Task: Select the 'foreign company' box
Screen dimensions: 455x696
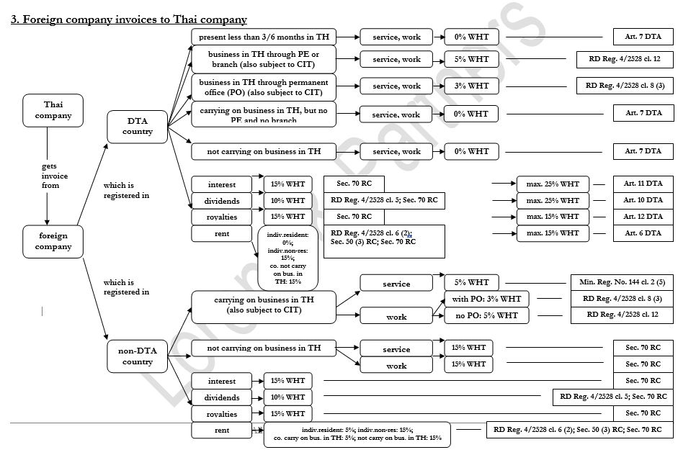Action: tap(53, 241)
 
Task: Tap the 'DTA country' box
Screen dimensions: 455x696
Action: tap(137, 127)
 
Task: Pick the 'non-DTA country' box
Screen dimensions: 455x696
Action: tap(137, 356)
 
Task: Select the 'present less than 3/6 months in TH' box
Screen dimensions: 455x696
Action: tap(264, 36)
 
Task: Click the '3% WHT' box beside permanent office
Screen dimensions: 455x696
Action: tap(471, 86)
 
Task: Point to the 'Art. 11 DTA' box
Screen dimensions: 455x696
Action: tap(643, 184)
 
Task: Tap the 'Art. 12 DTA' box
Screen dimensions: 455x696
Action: tap(643, 217)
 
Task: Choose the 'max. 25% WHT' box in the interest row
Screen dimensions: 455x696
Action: tap(553, 184)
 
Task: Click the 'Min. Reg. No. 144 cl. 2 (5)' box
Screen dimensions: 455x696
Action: tap(622, 282)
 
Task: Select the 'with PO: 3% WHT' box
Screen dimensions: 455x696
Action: tap(486, 299)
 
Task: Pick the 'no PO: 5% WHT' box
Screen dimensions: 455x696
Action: tap(486, 315)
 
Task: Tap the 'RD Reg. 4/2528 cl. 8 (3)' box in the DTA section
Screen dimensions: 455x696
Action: tap(625, 86)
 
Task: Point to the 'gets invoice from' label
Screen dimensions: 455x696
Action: tap(50, 176)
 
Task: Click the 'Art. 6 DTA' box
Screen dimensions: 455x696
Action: tap(643, 233)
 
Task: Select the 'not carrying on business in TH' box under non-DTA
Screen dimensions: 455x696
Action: tap(264, 348)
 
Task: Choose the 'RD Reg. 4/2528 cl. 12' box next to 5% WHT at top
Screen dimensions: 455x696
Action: tap(625, 59)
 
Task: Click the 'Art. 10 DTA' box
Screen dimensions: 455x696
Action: tap(643, 200)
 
